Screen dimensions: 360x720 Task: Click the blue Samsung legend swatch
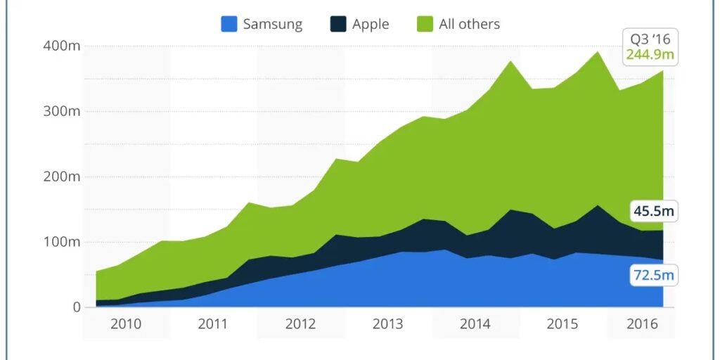(229, 24)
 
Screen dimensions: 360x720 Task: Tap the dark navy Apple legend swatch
(338, 24)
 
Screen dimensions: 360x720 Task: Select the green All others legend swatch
(425, 24)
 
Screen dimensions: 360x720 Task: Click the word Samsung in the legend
(272, 24)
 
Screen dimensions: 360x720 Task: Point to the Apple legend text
(371, 24)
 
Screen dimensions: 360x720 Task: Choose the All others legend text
(469, 24)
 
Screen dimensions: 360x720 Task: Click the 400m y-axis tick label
(63, 46)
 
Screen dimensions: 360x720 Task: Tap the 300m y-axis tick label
(63, 111)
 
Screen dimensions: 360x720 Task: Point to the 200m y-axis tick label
(63, 176)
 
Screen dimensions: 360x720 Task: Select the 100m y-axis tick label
(63, 242)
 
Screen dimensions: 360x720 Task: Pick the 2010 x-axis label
(126, 324)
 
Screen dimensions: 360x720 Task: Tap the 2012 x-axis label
(300, 324)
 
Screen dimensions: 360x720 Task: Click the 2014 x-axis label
(475, 324)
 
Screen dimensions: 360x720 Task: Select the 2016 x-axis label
(642, 324)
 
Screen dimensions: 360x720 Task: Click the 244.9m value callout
(650, 54)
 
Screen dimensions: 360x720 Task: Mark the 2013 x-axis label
(387, 324)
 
